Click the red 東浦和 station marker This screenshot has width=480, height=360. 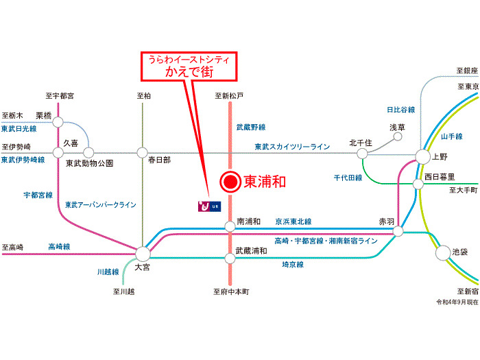(x=230, y=182)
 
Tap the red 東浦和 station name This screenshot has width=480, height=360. (x=264, y=182)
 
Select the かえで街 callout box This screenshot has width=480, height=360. (x=189, y=65)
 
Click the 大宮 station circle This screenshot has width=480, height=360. (x=143, y=253)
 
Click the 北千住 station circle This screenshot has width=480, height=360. (x=362, y=154)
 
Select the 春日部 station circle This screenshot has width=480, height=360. (x=143, y=153)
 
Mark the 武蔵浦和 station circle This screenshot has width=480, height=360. (x=230, y=258)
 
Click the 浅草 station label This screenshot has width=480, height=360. (x=398, y=128)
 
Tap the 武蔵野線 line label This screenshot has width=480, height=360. (x=251, y=127)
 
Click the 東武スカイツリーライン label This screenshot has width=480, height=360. (x=292, y=146)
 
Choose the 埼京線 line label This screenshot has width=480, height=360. (x=293, y=263)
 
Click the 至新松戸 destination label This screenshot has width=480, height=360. (x=229, y=96)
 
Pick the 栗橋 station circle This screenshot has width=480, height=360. (x=58, y=122)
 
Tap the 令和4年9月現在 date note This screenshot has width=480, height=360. (x=456, y=302)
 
